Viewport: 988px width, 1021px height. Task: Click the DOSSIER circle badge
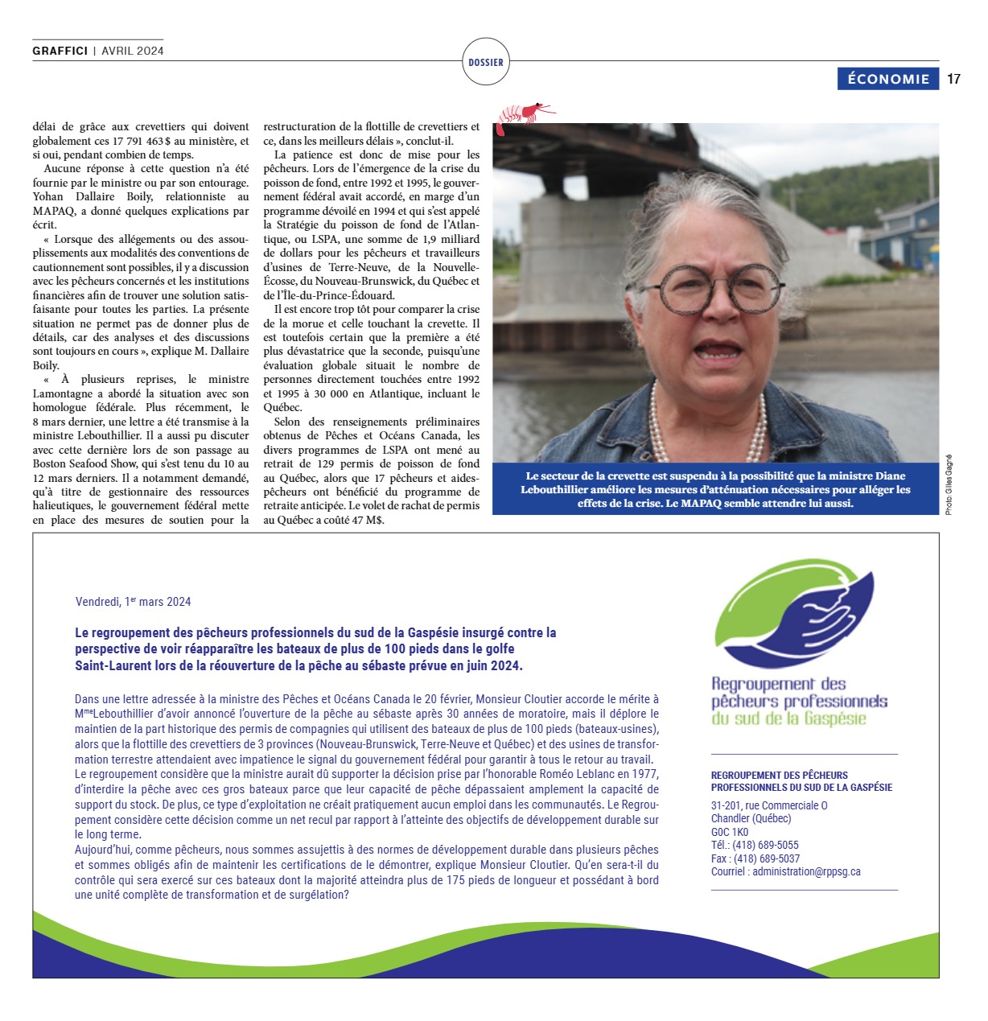486,62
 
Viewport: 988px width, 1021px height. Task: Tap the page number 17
953,79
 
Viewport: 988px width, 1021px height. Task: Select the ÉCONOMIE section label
888,79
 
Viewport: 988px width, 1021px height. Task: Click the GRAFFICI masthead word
60,51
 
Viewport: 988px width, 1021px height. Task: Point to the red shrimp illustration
524,114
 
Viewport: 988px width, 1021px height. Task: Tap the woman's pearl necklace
708,426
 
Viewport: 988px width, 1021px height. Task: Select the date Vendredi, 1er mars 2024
134,602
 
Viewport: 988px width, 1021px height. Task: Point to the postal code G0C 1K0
730,832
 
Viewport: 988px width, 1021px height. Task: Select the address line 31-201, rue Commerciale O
769,805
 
